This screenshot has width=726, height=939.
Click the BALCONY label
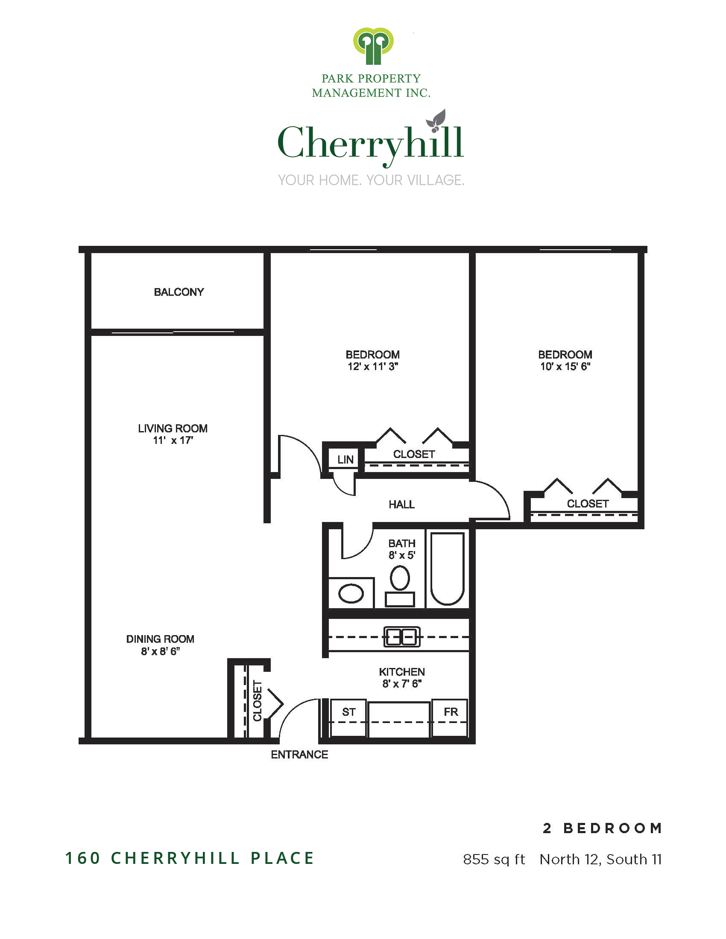coord(179,292)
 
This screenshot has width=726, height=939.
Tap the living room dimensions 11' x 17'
coord(173,440)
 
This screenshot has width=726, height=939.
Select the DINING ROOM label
coord(160,639)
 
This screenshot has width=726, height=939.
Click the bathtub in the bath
coord(447,569)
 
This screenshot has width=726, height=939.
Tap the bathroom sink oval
coord(351,594)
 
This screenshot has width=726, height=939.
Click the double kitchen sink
coord(402,637)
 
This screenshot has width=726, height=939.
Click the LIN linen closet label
coord(345,460)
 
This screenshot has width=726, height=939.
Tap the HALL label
coord(401,504)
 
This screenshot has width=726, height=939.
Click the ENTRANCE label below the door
coord(299,755)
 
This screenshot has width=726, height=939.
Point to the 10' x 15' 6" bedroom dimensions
coord(565,366)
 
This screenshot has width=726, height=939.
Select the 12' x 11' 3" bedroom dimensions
coord(373,366)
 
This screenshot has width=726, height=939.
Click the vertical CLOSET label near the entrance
coord(257,700)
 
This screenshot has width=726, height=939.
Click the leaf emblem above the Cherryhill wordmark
coord(436,120)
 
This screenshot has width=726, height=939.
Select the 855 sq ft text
coord(494,860)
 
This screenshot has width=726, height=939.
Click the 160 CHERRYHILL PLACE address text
coord(190,858)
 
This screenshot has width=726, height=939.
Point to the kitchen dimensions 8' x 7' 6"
coord(402,684)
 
